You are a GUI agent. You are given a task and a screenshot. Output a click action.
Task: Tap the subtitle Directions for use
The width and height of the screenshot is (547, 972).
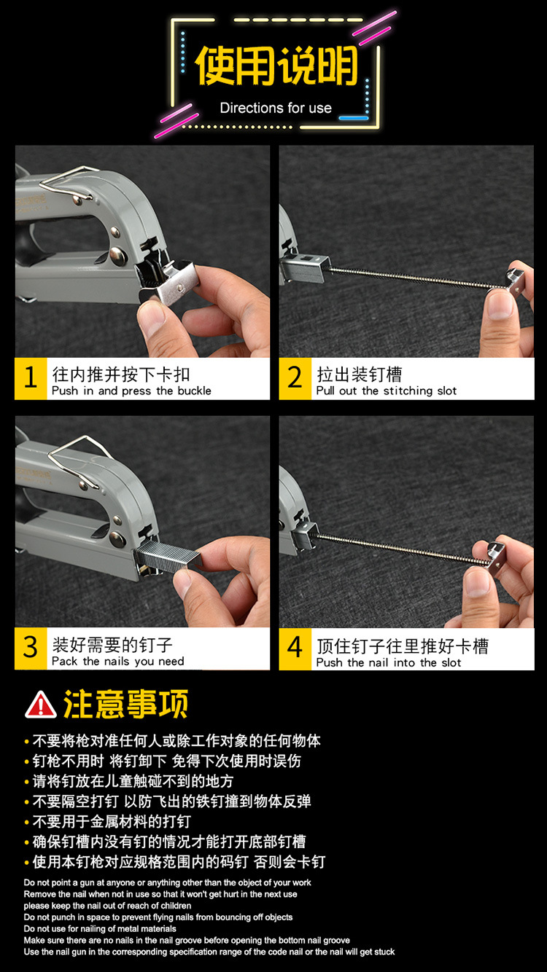coord(276,108)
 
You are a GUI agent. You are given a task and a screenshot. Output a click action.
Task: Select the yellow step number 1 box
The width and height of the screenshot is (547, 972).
coord(31,378)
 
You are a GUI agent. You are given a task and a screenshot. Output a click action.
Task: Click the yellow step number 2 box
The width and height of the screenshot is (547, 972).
coord(295,378)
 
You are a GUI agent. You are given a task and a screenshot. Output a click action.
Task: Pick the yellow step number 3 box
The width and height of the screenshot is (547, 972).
coord(31,648)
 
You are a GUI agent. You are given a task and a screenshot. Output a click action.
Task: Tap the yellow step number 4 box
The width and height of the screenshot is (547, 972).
coord(295,648)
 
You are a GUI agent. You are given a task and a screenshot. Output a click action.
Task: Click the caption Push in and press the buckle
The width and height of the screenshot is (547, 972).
coord(131,391)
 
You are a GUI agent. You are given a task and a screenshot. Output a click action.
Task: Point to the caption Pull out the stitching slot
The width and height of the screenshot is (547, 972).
coord(387,391)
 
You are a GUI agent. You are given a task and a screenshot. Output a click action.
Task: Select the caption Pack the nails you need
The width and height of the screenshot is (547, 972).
coord(117,662)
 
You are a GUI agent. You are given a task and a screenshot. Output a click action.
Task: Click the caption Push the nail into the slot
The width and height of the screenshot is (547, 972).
coord(389,662)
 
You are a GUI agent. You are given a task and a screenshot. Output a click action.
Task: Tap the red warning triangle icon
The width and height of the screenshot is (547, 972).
coord(40,705)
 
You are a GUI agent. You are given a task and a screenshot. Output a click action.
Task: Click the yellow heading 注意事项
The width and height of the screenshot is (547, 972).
coord(126,704)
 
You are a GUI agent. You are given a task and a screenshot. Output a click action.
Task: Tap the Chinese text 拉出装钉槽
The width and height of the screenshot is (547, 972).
coord(360,374)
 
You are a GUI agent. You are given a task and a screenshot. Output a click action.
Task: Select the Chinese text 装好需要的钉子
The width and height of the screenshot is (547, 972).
coord(112,645)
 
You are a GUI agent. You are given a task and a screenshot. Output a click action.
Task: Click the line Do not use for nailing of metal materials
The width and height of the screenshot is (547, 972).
coord(100,928)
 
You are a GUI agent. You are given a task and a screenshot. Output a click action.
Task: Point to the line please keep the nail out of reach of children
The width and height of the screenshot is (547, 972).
coord(107,906)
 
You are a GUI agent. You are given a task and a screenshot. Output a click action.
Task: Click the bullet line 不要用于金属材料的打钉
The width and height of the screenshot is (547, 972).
coord(112,821)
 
